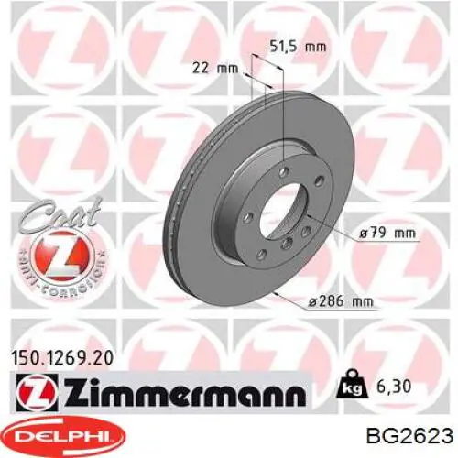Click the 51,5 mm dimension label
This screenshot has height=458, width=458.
coord(298,47)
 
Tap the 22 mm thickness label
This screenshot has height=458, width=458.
coord(215,68)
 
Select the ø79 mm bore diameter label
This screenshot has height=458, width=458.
coord(387,234)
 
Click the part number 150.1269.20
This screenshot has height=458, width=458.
coord(62,358)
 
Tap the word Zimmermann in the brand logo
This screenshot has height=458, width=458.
coord(184,392)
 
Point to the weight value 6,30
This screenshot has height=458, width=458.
coord(392,387)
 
